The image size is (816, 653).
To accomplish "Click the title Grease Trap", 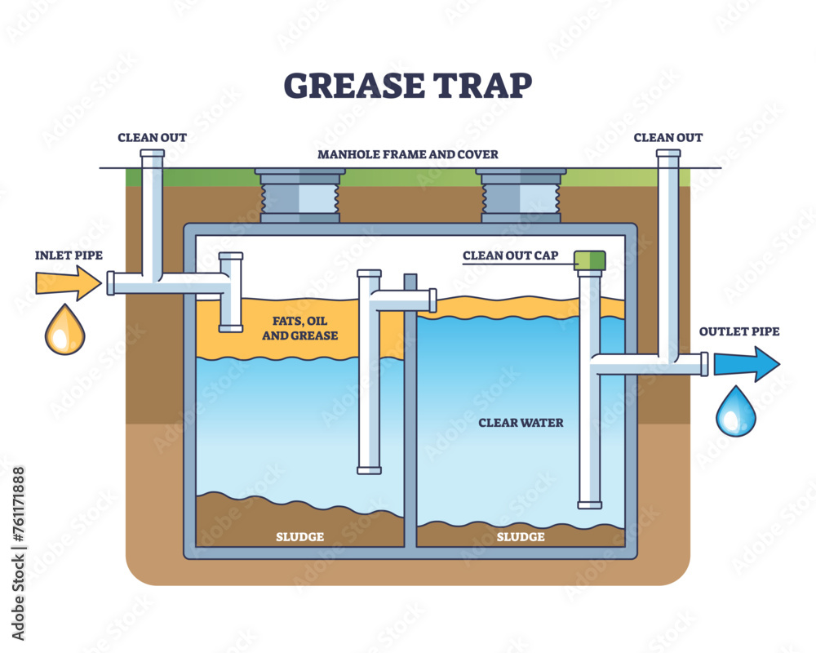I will (407, 83).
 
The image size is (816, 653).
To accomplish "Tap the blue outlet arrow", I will (746, 363).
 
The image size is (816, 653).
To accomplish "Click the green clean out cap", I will (590, 260).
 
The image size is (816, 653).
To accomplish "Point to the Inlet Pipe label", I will (69, 255).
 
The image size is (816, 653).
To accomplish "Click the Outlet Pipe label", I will (739, 331).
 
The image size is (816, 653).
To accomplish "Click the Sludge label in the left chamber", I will (300, 536).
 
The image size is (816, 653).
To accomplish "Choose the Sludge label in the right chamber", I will (521, 536).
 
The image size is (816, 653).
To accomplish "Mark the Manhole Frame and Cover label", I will (409, 153).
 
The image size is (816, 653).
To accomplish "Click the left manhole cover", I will (299, 196).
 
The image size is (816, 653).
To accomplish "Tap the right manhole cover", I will (521, 196).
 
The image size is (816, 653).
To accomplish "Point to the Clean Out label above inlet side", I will (152, 137).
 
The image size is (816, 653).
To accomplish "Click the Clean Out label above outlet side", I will (668, 137).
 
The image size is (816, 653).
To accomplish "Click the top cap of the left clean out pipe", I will (152, 153).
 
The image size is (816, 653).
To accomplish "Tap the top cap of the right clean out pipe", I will (668, 153).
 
